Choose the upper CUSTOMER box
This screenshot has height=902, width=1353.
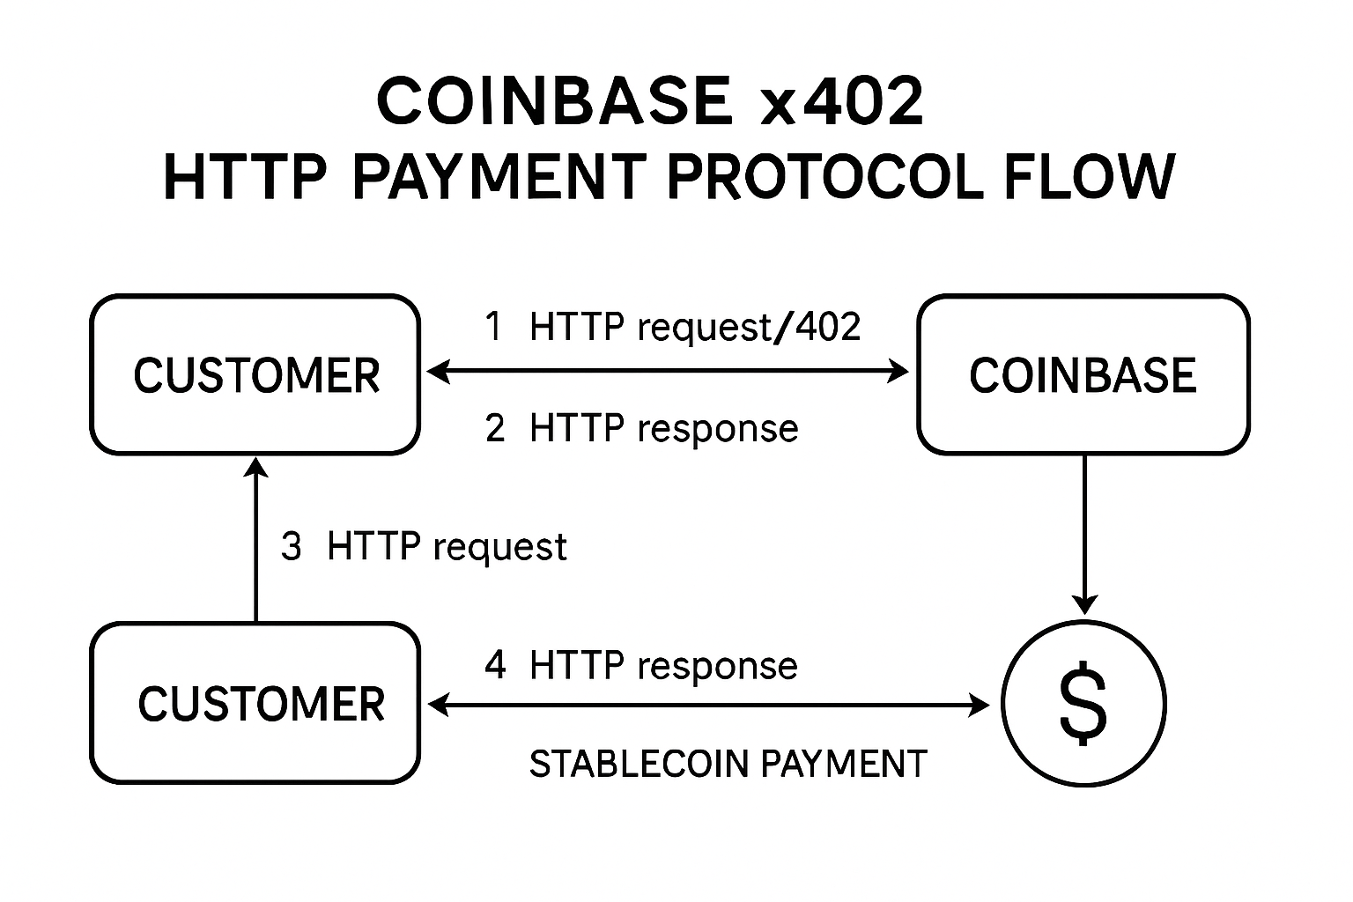pyautogui.click(x=255, y=375)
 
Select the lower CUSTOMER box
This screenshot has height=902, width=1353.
pyautogui.click(x=255, y=703)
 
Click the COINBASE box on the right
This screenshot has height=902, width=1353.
pyautogui.click(x=1083, y=375)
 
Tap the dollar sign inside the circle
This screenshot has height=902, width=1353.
pyautogui.click(x=1083, y=705)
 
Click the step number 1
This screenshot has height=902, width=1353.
pyautogui.click(x=494, y=327)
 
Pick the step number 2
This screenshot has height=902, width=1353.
pyautogui.click(x=495, y=429)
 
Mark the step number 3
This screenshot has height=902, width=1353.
pyautogui.click(x=291, y=547)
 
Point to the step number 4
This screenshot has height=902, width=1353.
pyautogui.click(x=495, y=665)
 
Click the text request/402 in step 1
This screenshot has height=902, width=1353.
pyautogui.click(x=748, y=328)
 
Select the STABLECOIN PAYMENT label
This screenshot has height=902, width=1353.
pyautogui.click(x=728, y=764)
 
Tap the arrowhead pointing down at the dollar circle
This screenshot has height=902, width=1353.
pyautogui.click(x=1083, y=604)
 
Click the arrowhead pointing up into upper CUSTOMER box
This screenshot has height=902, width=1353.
pyautogui.click(x=255, y=467)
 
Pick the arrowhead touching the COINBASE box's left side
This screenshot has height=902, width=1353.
pyautogui.click(x=898, y=373)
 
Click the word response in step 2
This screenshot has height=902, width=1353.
pyautogui.click(x=717, y=429)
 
